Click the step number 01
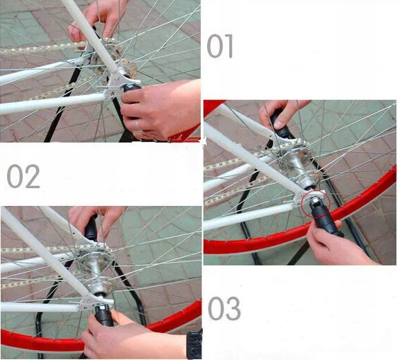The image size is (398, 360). pos(220,46)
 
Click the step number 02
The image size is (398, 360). pos(23,177)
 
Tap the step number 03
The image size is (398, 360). pos(224,308)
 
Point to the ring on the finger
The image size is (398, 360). pos(138,125)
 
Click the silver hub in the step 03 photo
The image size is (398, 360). pos(299,168)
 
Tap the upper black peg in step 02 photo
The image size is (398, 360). pos(91,228)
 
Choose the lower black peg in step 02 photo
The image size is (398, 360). pos(104,315)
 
